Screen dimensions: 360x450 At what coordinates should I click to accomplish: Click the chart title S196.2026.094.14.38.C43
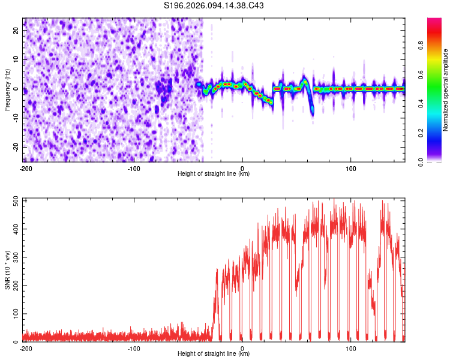coord(214,5)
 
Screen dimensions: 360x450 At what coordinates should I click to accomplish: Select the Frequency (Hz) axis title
coord(8,89)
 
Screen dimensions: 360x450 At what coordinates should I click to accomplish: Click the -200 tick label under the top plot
coord(25,168)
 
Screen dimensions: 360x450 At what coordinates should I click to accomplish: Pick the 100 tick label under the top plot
coord(351,168)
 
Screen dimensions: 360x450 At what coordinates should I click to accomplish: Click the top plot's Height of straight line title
coord(214,174)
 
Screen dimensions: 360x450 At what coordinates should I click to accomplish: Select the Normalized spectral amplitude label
coord(446,90)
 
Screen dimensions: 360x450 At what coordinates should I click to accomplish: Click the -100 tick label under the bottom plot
coord(134,348)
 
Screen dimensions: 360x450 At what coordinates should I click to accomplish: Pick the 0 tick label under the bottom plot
coord(242,348)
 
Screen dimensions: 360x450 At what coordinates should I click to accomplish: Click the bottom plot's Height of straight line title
coord(214,354)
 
